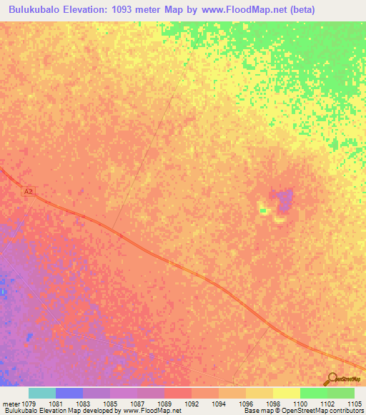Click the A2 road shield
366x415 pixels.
29,192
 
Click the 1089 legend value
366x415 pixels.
164,404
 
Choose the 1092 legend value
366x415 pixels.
192,404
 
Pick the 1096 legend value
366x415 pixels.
245,404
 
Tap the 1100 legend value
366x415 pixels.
300,404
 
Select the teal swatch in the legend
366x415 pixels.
42,393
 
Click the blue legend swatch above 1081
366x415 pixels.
69,393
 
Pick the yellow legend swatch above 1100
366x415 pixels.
286,393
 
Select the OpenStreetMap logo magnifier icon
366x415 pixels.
332,378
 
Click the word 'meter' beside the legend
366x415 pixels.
12,404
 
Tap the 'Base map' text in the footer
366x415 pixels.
258,411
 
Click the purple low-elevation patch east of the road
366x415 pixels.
285,199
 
